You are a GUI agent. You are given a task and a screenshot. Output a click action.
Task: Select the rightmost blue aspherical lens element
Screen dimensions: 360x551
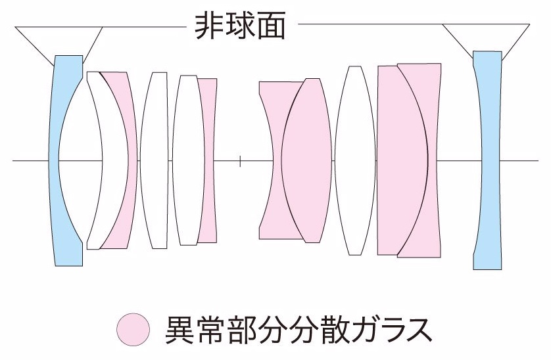coord(487,160)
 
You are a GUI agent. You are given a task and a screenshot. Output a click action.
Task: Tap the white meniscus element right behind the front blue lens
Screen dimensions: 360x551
coord(94,160)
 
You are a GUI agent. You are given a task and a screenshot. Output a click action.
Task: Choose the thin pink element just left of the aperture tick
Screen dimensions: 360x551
coord(208,160)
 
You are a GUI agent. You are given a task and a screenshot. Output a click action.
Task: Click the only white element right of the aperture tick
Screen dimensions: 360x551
coord(355,160)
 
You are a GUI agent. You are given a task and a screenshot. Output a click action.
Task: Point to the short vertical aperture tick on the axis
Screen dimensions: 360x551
coord(241,160)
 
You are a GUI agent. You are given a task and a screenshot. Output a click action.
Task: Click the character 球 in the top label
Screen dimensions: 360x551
coord(240,27)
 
